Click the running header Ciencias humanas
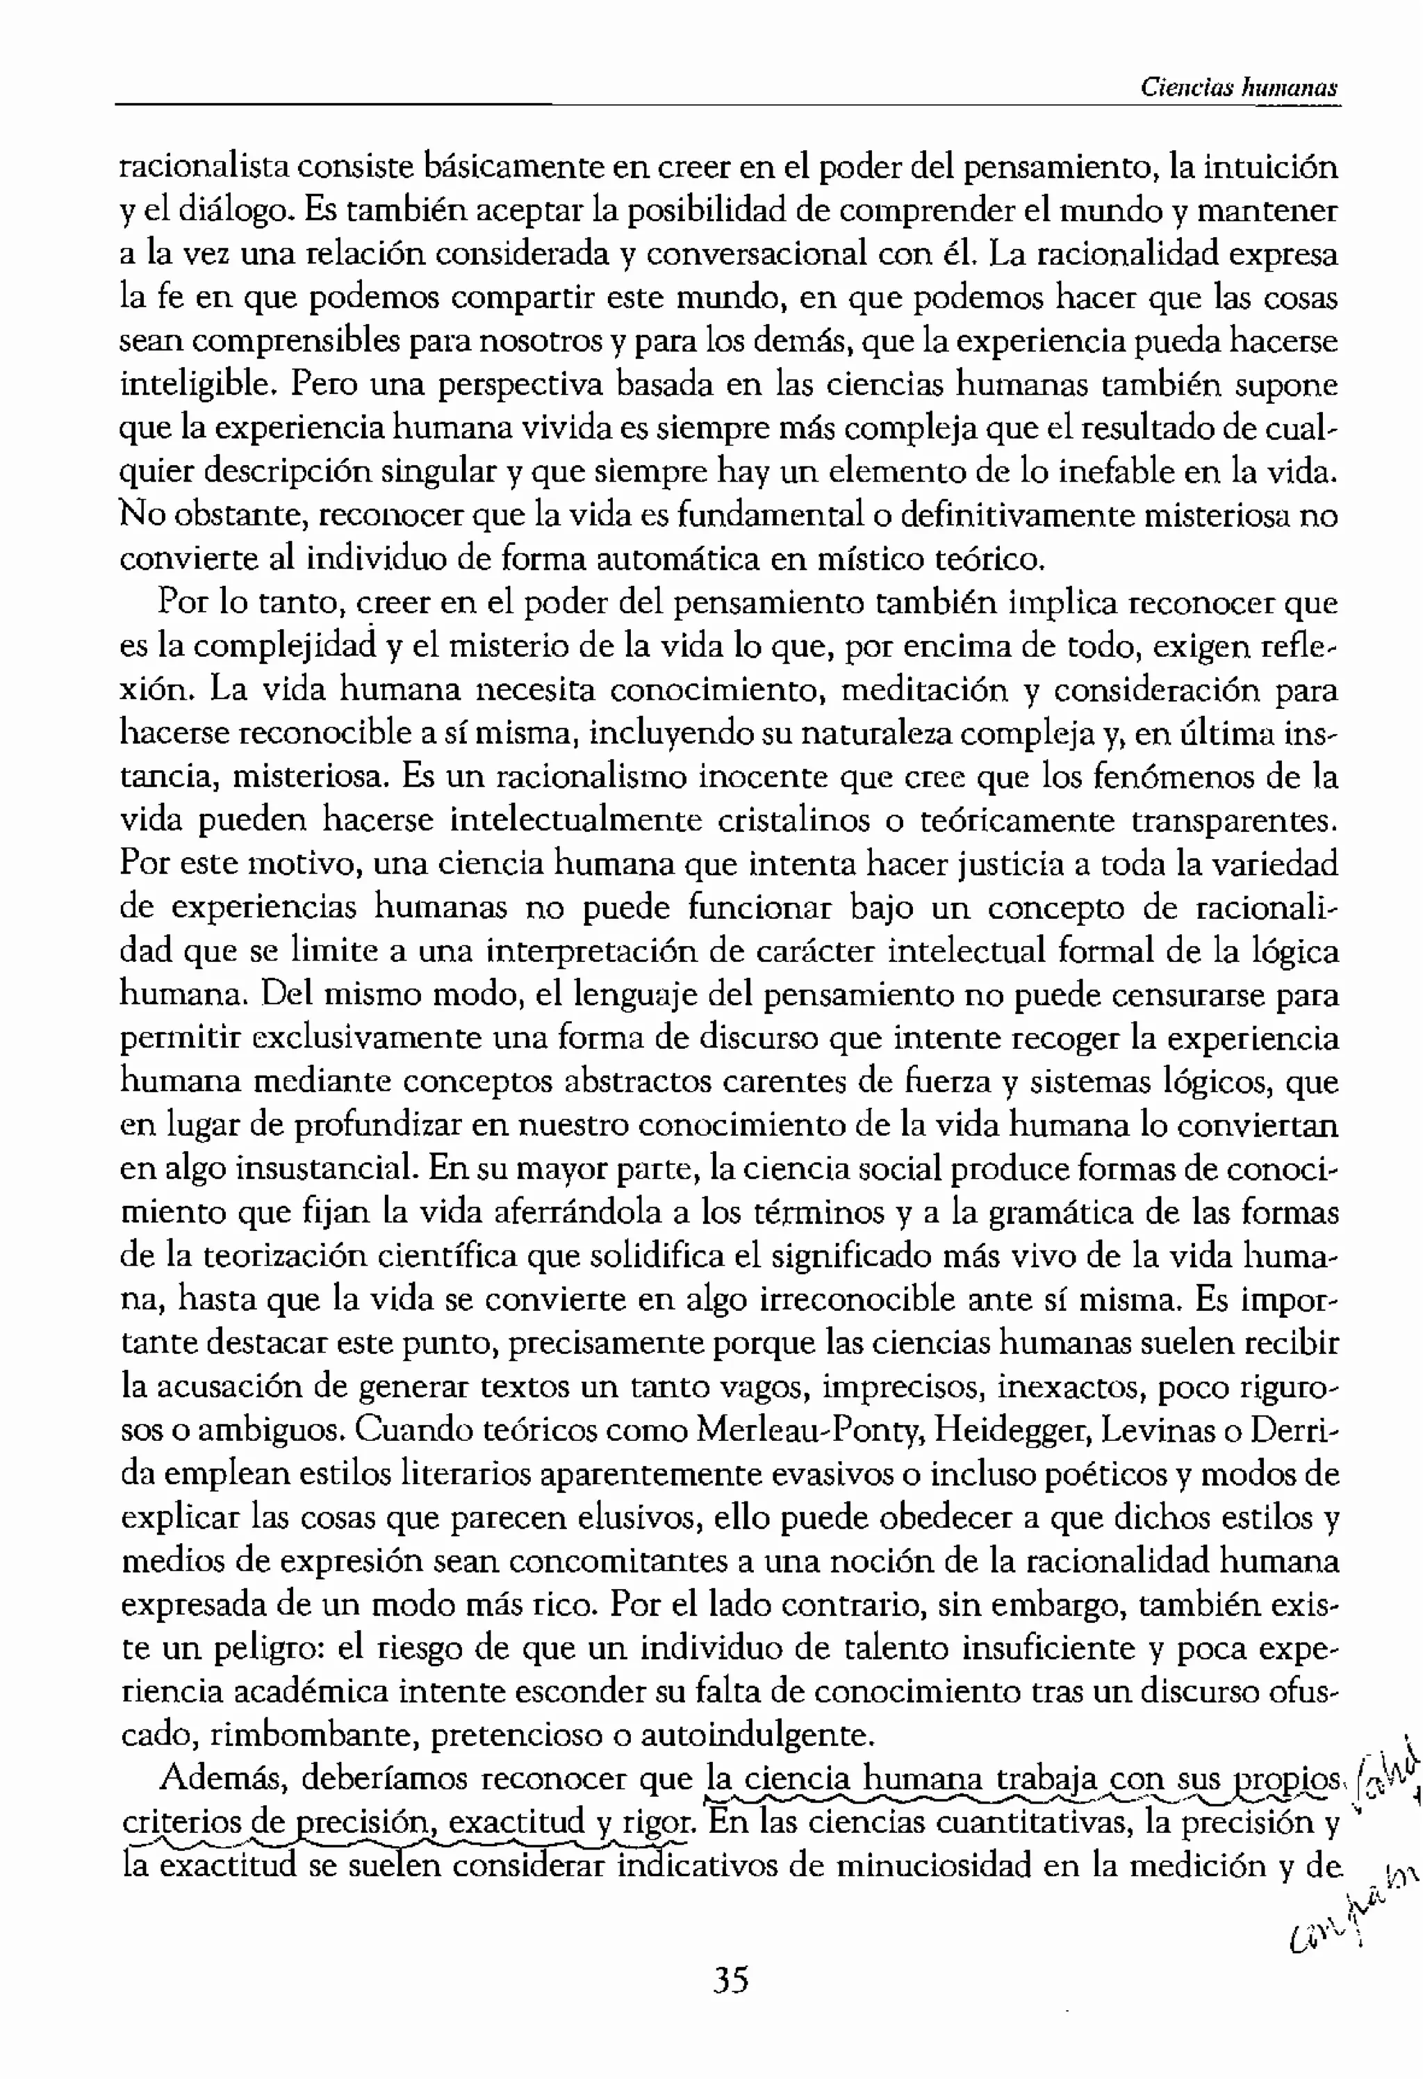(x=1239, y=88)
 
